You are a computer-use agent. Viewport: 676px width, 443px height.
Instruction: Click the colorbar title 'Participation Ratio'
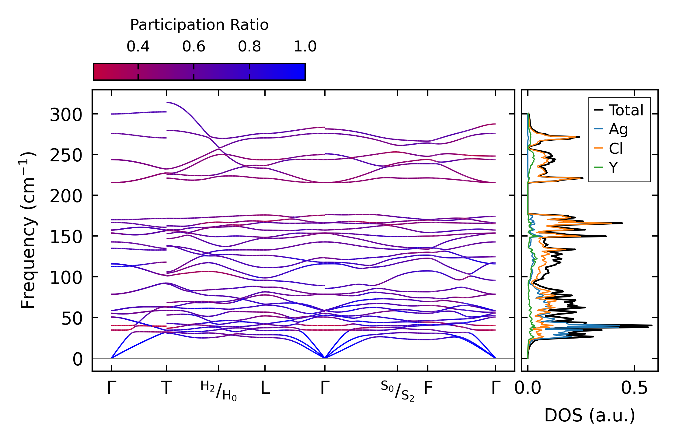point(199,25)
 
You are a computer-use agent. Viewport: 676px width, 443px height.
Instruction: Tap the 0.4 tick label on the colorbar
point(138,47)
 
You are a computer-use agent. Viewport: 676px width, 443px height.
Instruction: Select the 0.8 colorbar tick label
point(249,47)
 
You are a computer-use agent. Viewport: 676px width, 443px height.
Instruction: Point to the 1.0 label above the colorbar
point(305,47)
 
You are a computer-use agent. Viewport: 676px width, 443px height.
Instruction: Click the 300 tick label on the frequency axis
point(66,115)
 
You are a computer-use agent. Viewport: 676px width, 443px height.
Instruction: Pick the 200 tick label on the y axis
point(66,196)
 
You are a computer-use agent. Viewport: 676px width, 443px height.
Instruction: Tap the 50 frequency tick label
point(72,319)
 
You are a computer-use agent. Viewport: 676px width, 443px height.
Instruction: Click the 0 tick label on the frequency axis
point(78,360)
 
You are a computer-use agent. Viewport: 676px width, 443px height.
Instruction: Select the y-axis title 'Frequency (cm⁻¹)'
point(28,230)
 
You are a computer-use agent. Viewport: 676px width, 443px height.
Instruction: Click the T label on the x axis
point(166,388)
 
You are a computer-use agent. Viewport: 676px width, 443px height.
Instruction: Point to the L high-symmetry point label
point(265,388)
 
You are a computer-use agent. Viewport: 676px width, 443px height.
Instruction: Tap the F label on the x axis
point(428,388)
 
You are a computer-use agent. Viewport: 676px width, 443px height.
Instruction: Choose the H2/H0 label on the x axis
point(218,391)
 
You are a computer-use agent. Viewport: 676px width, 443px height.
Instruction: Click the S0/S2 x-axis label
point(397,391)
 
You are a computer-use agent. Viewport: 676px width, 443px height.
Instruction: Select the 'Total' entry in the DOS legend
point(619,110)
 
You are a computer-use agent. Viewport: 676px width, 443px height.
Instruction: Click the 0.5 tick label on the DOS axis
point(634,388)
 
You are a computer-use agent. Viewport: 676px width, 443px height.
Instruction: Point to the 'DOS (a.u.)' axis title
point(590,415)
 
